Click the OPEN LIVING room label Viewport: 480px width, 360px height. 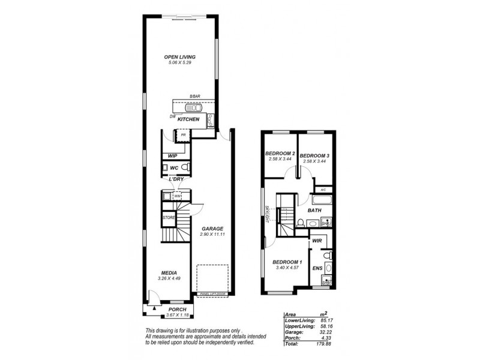(180, 58)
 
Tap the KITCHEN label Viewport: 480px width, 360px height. (188, 119)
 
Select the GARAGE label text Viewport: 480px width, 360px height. (212, 229)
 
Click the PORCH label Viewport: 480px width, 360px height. (178, 310)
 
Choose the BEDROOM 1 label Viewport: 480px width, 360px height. (287, 262)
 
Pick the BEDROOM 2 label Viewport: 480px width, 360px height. (280, 154)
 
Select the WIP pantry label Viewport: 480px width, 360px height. (173, 156)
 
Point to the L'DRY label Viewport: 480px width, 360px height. (175, 179)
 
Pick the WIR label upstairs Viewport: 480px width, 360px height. (317, 241)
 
